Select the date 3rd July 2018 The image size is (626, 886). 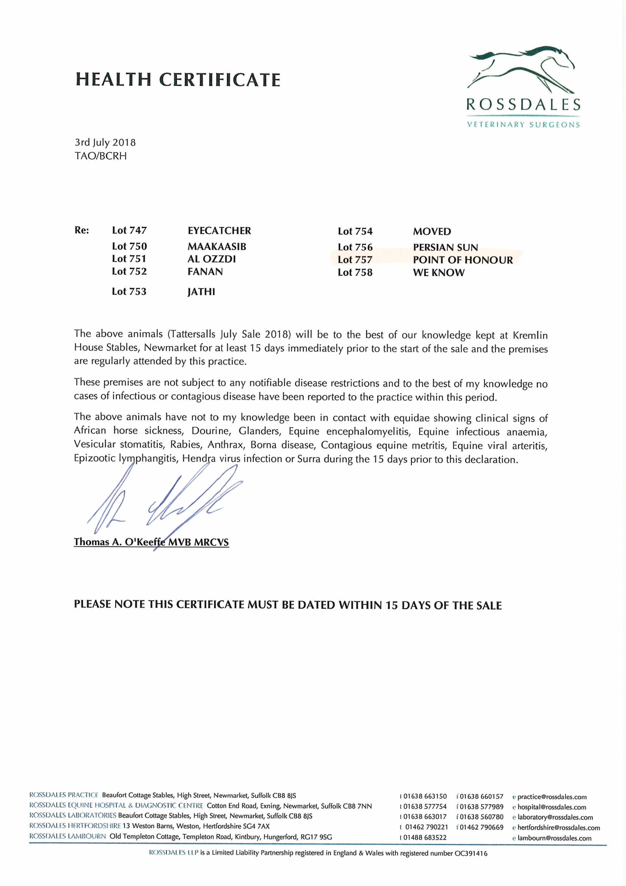(105, 142)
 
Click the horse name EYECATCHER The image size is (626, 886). (219, 231)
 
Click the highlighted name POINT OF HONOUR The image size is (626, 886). (463, 260)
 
